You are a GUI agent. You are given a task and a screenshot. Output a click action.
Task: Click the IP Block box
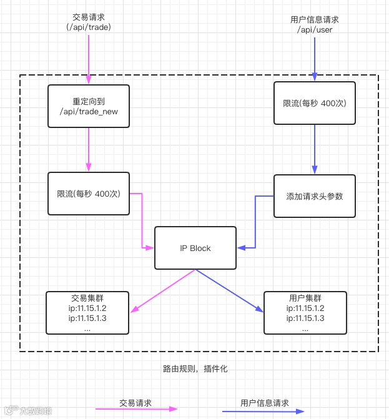195,248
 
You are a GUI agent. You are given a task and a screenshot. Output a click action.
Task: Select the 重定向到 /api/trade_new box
88,106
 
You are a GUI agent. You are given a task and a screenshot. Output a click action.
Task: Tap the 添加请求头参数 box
315,196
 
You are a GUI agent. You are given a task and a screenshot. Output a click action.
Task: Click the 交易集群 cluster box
88,312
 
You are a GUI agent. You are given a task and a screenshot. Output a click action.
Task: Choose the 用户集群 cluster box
305,312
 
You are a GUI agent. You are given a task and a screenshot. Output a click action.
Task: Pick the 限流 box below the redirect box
88,194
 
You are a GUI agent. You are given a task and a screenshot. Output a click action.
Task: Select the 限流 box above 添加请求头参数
315,103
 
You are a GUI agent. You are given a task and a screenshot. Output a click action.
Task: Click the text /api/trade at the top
88,27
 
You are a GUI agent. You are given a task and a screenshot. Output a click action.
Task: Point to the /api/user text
315,29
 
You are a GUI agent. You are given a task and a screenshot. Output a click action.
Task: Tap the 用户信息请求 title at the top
315,19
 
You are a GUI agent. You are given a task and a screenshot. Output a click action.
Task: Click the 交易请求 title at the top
88,17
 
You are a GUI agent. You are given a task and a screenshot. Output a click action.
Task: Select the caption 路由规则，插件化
195,368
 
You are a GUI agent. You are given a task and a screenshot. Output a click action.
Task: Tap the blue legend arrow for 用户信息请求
262,411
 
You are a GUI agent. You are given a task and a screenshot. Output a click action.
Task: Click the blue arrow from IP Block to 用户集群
229,290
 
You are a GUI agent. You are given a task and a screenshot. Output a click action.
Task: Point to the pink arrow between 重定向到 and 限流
88,150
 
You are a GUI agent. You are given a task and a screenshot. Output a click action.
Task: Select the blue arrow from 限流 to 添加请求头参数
315,149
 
